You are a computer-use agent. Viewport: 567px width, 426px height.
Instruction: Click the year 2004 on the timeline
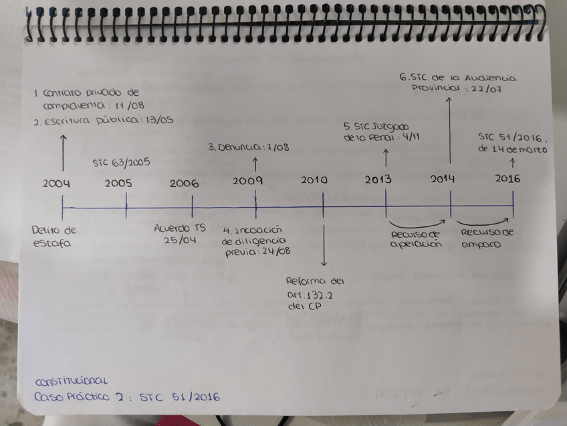tap(56, 183)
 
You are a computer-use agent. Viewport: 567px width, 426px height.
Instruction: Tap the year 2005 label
tap(118, 183)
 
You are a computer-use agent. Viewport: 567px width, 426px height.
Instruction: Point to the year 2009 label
tap(247, 181)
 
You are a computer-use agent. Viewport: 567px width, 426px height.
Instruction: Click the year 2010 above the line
tap(315, 181)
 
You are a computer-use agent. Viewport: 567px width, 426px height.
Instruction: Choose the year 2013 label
tap(380, 180)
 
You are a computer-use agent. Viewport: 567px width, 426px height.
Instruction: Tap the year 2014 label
tap(443, 179)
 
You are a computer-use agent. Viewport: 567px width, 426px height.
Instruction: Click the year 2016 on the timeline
tap(507, 178)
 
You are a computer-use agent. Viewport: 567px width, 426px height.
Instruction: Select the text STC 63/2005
tap(121, 161)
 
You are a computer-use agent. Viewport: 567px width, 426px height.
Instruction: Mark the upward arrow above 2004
tap(64, 152)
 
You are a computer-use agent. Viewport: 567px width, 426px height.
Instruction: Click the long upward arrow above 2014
tap(450, 131)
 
